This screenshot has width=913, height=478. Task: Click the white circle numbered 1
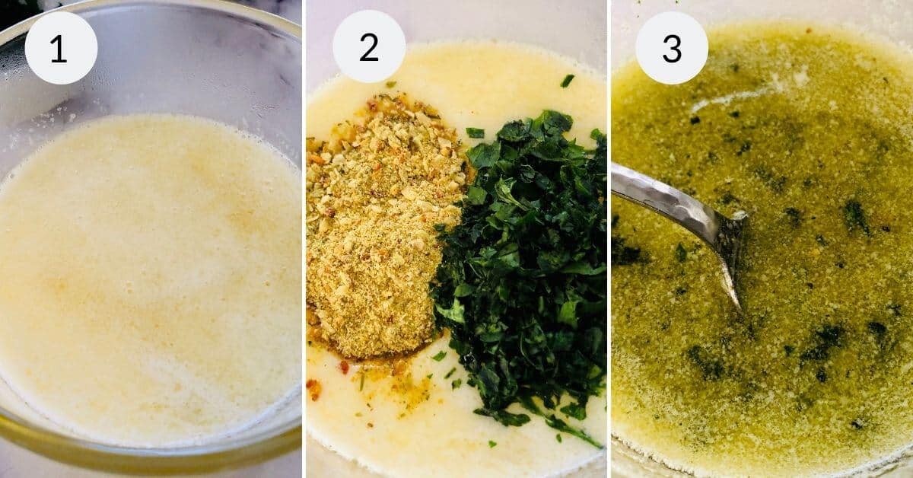(x=61, y=48)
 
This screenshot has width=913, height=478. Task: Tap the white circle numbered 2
(x=369, y=46)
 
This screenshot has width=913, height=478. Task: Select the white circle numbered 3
(x=672, y=48)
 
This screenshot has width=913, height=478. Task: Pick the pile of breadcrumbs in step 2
(x=373, y=228)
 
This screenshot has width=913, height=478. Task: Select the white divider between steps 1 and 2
(x=304, y=239)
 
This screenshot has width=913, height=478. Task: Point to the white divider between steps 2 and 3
(x=609, y=239)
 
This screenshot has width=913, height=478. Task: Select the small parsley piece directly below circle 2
(x=390, y=84)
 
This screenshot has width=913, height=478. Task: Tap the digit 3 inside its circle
(x=672, y=49)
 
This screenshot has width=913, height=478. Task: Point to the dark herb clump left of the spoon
(x=628, y=252)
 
